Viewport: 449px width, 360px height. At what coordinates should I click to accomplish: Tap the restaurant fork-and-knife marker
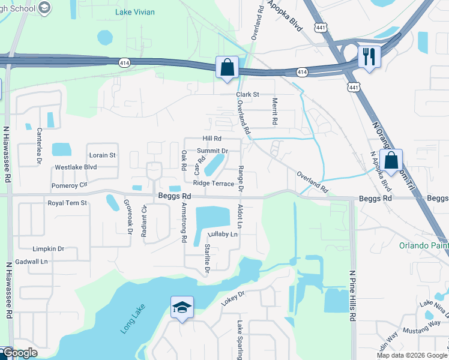tap(367, 57)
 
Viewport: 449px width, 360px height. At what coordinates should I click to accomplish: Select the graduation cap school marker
tap(182, 308)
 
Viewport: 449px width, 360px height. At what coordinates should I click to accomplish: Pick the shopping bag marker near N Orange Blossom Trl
tap(391, 160)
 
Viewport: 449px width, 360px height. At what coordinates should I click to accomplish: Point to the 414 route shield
tap(301, 72)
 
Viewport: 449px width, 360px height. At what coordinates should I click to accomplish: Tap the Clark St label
tap(247, 95)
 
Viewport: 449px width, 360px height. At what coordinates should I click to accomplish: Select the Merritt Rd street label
tap(275, 111)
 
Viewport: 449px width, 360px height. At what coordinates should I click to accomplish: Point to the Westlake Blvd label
tap(76, 167)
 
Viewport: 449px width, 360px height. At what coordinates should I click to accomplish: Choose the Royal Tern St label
tap(67, 203)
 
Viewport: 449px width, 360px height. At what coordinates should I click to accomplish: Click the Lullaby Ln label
tap(223, 235)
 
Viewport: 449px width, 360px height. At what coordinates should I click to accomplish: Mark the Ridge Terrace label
tap(213, 184)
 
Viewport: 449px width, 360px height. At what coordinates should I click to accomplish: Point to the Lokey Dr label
tap(233, 298)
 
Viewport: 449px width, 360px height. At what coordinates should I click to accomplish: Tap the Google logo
tap(19, 353)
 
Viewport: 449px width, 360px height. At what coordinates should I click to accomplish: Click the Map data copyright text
tap(412, 355)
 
